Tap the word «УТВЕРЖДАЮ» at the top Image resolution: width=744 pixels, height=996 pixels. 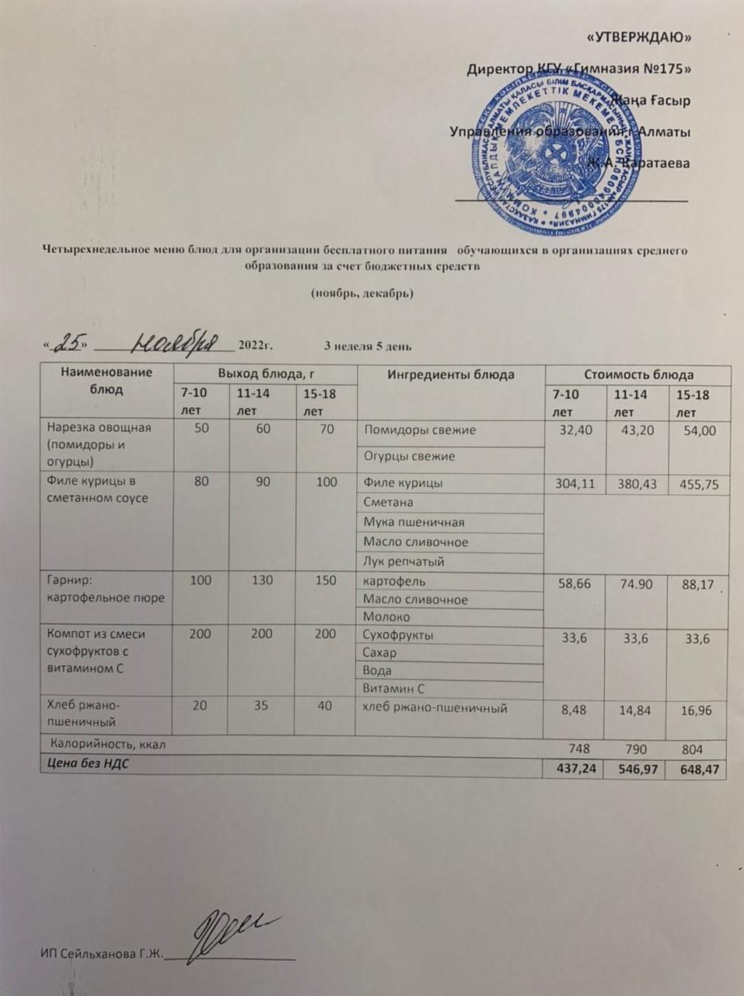pyautogui.click(x=637, y=37)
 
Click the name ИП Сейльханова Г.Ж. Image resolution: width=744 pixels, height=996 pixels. pyautogui.click(x=101, y=955)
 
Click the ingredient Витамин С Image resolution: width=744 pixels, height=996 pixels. pyautogui.click(x=393, y=688)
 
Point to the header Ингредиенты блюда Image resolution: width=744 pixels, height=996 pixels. pyautogui.click(x=450, y=374)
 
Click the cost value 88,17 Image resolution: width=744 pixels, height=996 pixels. pyautogui.click(x=698, y=584)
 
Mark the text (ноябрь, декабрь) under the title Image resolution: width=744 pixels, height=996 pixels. pyautogui.click(x=362, y=293)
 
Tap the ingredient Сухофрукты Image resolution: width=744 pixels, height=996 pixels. pyautogui.click(x=398, y=634)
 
